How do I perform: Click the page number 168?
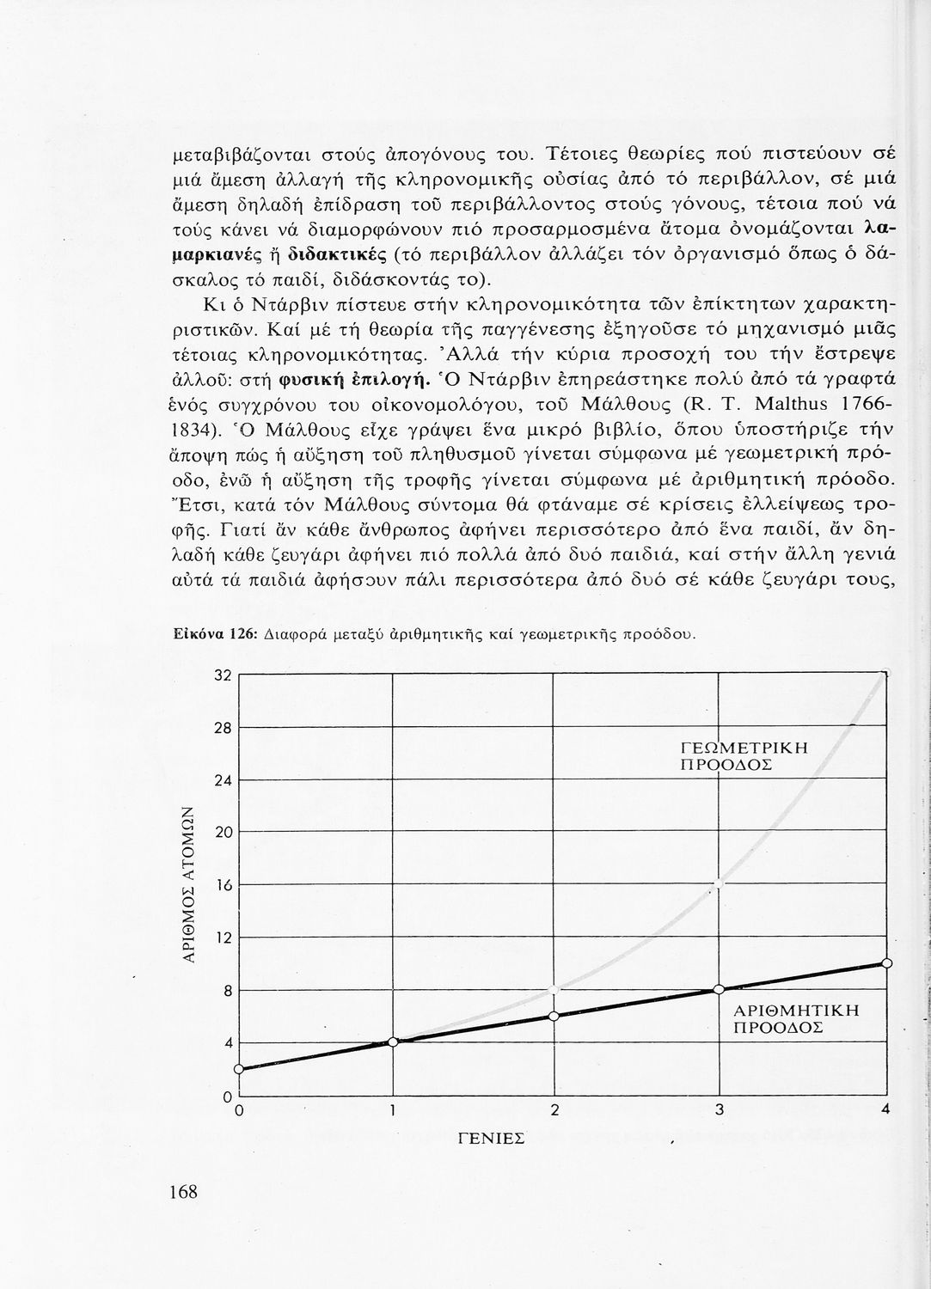coord(183,1191)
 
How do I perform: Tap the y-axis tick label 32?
coord(223,675)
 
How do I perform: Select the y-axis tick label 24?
coord(223,780)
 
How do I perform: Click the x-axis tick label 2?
coord(554,1110)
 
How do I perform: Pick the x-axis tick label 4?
coord(885,1110)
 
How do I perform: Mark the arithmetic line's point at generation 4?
coord(887,963)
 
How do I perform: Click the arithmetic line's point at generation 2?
coord(554,1016)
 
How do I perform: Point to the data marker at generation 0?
coord(238,1069)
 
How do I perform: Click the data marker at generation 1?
coord(394,1042)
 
